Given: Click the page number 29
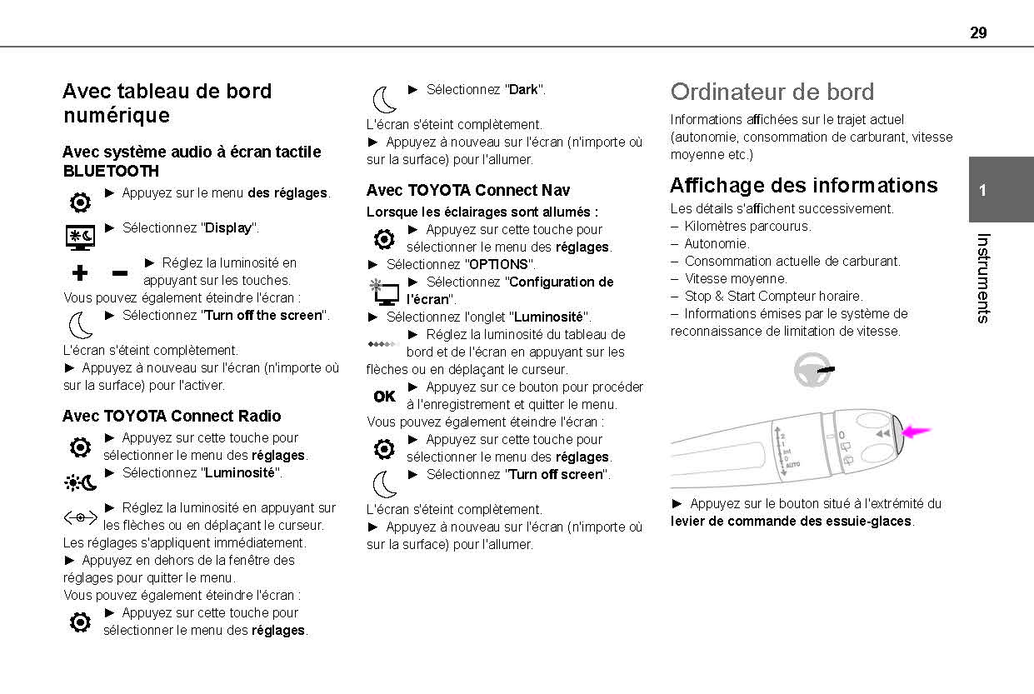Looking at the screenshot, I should pos(978,32).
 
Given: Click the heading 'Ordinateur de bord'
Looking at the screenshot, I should pos(772,92).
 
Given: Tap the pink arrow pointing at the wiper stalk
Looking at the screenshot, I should pos(917,432).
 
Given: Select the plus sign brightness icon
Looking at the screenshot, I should pos(80,272).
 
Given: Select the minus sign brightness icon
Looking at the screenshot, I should pos(120,273).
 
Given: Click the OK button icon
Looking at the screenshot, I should pos(385,397).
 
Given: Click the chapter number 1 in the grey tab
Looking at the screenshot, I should pos(982,190).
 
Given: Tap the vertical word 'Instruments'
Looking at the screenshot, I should pos(982,277).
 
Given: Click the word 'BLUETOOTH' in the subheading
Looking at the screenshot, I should pos(111,171).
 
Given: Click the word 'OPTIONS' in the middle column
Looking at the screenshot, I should pos(498,264).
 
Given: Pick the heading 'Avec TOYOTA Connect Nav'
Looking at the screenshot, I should pos(467,190).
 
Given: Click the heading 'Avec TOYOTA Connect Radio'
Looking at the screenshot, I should pos(172,416).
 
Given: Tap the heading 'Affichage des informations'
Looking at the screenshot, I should pos(803,185).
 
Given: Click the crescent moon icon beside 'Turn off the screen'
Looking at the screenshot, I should pos(80,324).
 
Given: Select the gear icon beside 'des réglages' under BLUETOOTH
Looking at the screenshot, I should pos(80,202).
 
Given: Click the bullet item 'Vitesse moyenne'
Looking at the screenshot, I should pos(735,278).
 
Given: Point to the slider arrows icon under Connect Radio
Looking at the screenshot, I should pos(80,517).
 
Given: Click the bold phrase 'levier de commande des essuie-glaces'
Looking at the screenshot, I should pos(792,522).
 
